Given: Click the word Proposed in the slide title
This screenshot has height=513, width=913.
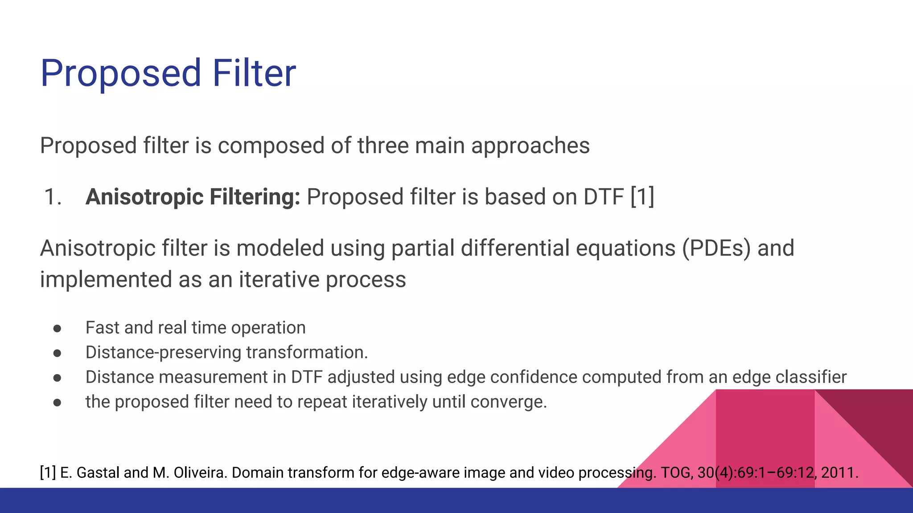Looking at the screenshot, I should pos(121,73).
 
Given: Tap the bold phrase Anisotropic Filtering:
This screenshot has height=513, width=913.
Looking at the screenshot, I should pos(193,197).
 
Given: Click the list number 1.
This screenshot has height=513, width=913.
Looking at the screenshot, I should pos(52,197).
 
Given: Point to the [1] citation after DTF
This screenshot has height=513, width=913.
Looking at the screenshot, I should pos(642,197).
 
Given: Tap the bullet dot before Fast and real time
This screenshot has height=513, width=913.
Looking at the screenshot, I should pos(57,329).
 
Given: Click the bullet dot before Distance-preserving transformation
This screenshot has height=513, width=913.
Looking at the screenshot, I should pos(57,353).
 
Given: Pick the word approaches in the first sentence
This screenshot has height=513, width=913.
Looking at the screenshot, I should pos(530,146).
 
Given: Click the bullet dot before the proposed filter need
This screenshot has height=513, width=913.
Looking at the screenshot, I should pos(57,403).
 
